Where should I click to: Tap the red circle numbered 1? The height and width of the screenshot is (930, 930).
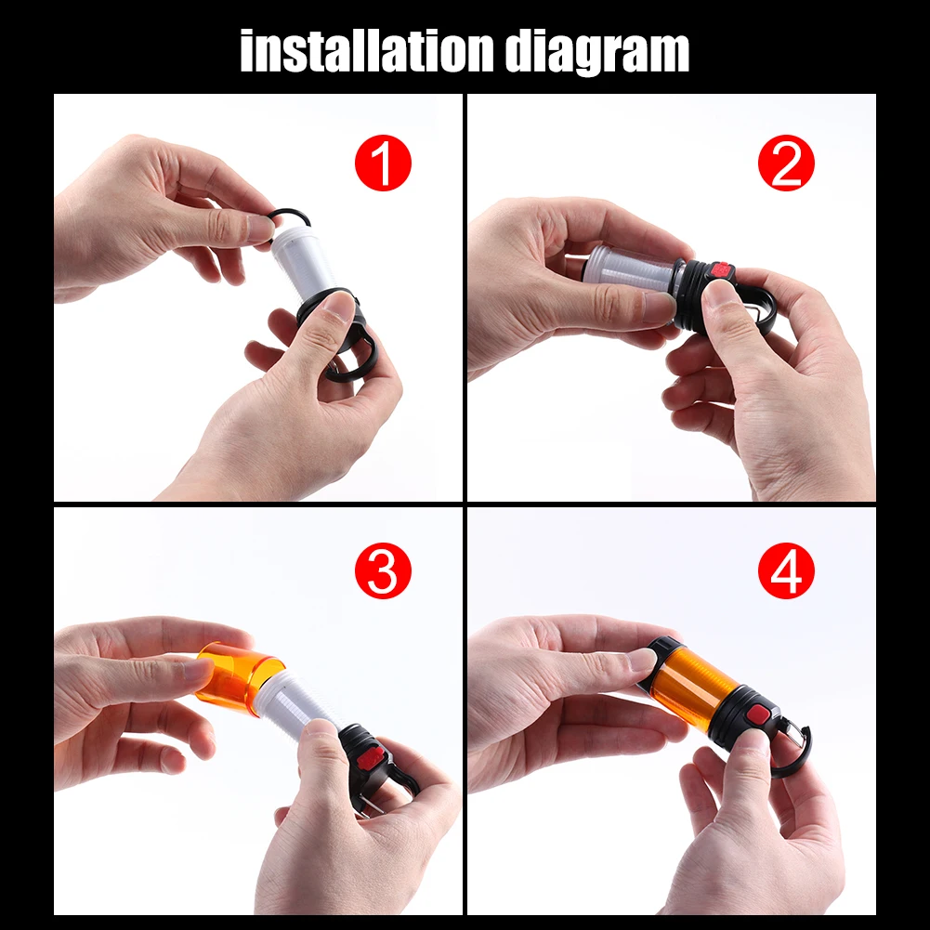pos(383,163)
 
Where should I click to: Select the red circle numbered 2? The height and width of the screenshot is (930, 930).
pos(786,163)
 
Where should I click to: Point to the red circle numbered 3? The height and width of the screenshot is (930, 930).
pos(383,570)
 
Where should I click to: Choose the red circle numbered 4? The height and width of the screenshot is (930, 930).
pos(786,570)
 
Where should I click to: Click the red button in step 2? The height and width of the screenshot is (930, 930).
pos(721,271)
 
